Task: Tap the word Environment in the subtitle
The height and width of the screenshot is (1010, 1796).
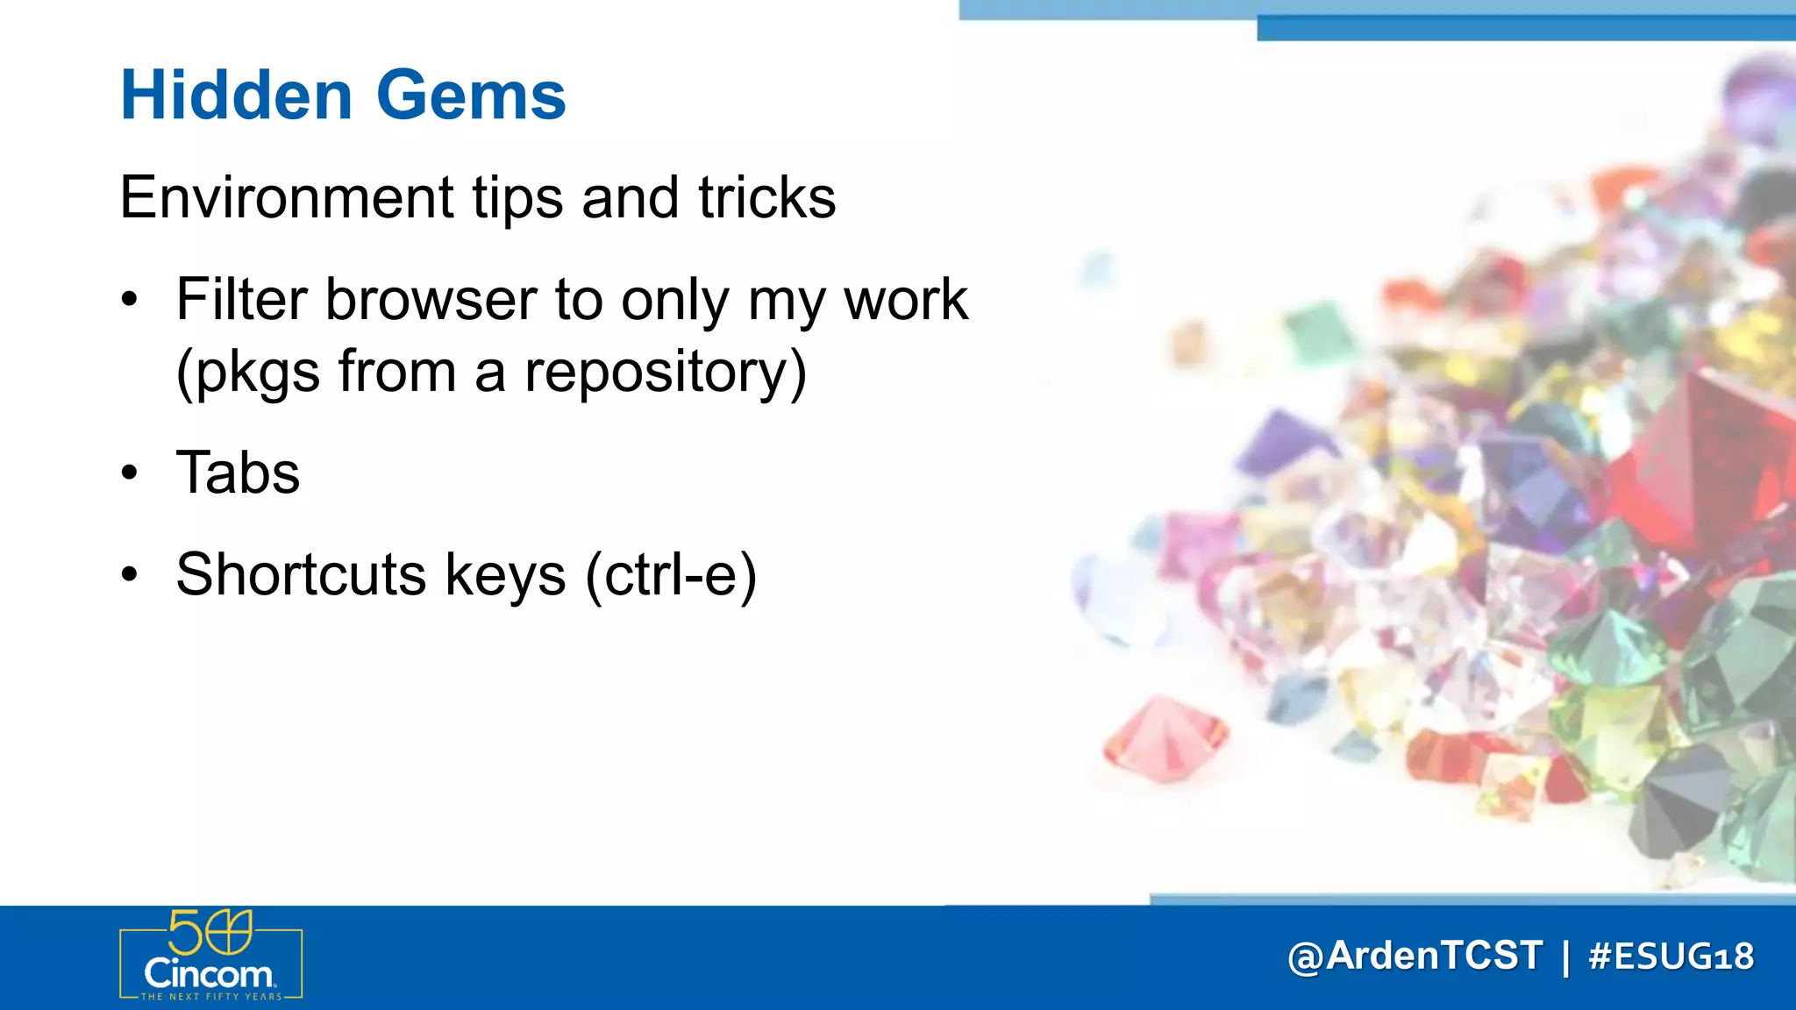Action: (x=287, y=197)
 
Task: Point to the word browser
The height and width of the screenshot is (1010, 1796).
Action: (x=431, y=300)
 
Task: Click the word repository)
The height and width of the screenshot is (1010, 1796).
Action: (x=665, y=372)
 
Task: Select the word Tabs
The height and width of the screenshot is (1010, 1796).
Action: (x=238, y=473)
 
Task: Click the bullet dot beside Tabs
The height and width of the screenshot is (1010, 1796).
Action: (x=130, y=473)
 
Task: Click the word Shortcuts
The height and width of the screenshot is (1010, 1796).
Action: (x=301, y=574)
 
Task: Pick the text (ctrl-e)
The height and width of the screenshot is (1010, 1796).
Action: (x=671, y=574)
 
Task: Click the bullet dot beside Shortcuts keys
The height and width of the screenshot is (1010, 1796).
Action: (x=130, y=575)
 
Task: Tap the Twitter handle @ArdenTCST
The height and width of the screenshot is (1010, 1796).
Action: (x=1415, y=956)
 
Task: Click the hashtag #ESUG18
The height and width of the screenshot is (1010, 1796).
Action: (x=1671, y=956)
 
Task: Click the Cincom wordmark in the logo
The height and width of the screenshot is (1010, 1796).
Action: (x=209, y=974)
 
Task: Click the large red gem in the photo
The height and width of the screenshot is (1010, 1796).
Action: (x=1701, y=456)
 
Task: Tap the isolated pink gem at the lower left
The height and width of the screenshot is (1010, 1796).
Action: (x=1165, y=736)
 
